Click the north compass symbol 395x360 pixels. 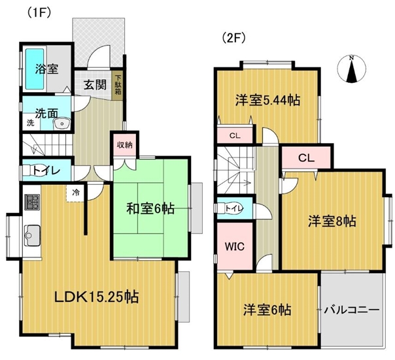tap(351, 69)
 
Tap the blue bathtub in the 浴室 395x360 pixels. tap(35, 68)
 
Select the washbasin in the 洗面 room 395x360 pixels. tap(61, 123)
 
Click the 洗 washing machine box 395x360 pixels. tap(31, 123)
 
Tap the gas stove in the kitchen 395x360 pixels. tap(32, 202)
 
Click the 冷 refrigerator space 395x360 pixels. tap(76, 193)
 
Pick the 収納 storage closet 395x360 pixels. tap(125, 145)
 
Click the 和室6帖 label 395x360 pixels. tap(150, 208)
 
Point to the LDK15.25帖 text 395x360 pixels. tap(97, 297)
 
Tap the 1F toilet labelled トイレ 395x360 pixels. tap(47, 170)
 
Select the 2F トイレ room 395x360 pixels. tap(235, 208)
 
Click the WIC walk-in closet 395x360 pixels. tap(235, 246)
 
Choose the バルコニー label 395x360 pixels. tap(352, 310)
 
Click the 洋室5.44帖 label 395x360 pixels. tap(267, 101)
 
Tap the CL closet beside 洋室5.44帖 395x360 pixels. tap(235, 136)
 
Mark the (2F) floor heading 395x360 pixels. tap(233, 39)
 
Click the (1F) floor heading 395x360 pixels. tap(39, 12)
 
